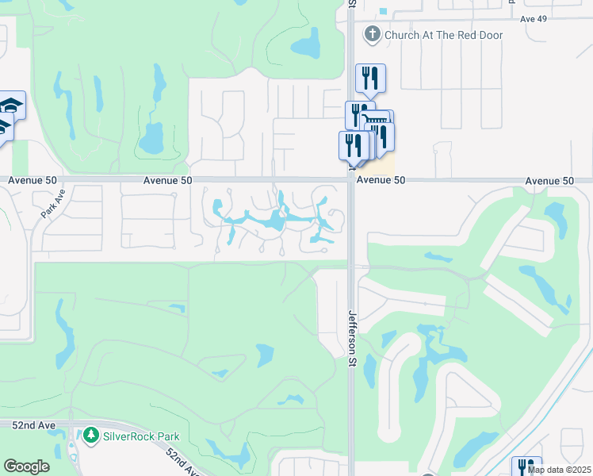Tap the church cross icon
(372, 34)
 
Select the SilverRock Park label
(140, 436)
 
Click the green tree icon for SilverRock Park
(91, 436)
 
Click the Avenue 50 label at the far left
(33, 181)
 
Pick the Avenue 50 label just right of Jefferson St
(381, 181)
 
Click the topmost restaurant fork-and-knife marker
(370, 78)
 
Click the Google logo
(26, 466)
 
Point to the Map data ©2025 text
(559, 470)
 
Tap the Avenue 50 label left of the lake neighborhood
(168, 181)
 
